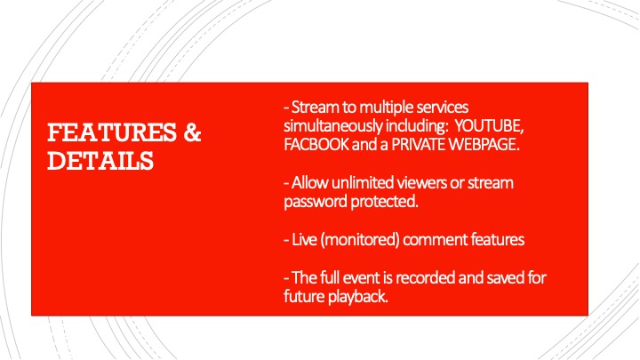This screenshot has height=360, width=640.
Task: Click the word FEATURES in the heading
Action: pyautogui.click(x=112, y=132)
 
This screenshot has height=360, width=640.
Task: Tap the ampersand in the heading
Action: pyautogui.click(x=192, y=132)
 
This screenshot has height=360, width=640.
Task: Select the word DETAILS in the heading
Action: pyautogui.click(x=100, y=160)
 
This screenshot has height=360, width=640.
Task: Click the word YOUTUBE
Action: pyautogui.click(x=489, y=125)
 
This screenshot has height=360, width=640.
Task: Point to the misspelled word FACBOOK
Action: pyautogui.click(x=316, y=145)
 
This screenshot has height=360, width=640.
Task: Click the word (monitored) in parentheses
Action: pyautogui.click(x=360, y=240)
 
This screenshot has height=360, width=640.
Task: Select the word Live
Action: pyautogui.click(x=305, y=239)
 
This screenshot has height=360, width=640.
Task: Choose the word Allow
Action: pyautogui.click(x=310, y=182)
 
